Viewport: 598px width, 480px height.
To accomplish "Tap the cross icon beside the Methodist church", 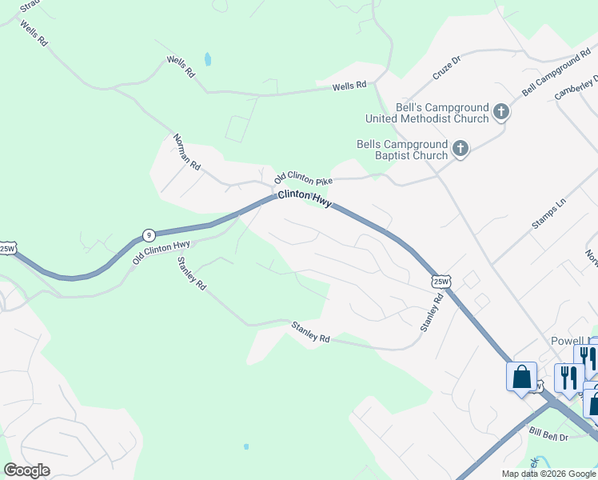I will tap(500, 112).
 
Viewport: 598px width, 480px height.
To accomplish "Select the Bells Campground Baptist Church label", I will tap(402, 150).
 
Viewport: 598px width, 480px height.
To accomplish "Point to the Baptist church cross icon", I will tap(460, 149).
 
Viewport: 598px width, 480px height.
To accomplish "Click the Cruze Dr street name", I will tap(447, 66).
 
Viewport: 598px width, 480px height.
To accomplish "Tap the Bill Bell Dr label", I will tap(548, 433).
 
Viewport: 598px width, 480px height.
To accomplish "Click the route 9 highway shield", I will tap(148, 234).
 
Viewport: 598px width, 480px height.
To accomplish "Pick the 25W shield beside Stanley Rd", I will tap(441, 281).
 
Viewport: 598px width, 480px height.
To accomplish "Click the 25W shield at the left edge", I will tap(7, 249).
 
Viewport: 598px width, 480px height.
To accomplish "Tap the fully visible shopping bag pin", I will tap(521, 376).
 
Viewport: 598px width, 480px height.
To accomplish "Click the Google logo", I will tap(27, 470).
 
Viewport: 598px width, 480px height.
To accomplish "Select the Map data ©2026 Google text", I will tap(548, 474).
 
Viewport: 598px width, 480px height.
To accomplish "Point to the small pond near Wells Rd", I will tap(208, 58).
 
